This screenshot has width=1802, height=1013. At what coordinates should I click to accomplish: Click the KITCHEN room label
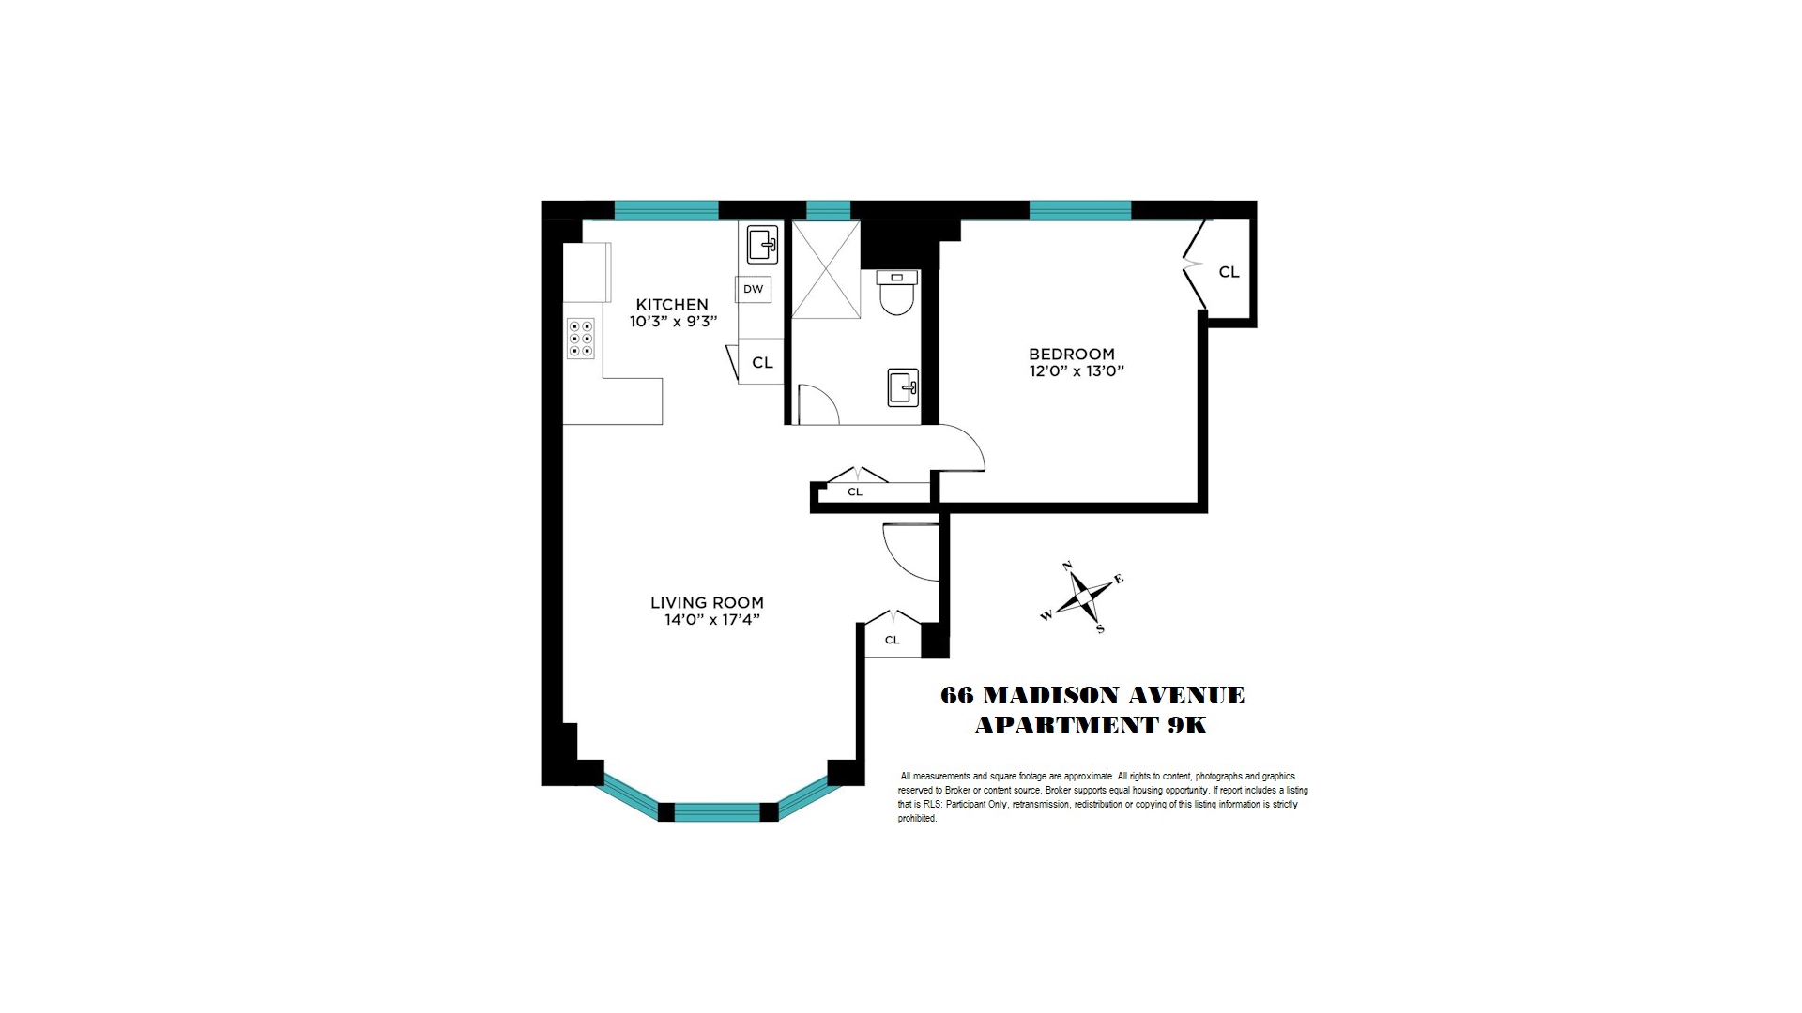[672, 305]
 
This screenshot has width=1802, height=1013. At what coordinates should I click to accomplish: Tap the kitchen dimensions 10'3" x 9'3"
[672, 322]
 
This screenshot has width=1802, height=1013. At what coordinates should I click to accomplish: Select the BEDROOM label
[1072, 355]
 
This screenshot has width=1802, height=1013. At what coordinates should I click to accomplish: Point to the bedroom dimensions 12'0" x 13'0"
[1076, 371]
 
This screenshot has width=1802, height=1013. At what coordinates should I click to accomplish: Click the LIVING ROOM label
[707, 603]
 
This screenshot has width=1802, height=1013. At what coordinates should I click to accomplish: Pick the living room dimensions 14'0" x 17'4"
[707, 620]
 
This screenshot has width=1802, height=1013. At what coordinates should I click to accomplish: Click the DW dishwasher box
[753, 289]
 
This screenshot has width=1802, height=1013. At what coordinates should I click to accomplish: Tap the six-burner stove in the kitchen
[581, 339]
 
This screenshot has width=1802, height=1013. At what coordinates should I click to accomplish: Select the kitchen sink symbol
[762, 246]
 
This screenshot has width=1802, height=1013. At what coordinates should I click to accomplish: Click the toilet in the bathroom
[897, 294]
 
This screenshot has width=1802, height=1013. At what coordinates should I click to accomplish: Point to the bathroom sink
[903, 386]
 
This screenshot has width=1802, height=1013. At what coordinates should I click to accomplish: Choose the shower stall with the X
[825, 270]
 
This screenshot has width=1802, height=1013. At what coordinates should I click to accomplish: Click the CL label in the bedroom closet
[1229, 272]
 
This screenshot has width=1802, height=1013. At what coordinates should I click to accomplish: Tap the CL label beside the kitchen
[762, 362]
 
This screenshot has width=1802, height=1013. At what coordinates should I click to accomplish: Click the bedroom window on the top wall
[1079, 210]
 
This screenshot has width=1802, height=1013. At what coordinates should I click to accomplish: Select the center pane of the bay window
[716, 811]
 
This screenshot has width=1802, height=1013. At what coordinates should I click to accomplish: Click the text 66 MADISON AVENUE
[1092, 696]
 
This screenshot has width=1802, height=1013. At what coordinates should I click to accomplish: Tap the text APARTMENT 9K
[1090, 726]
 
